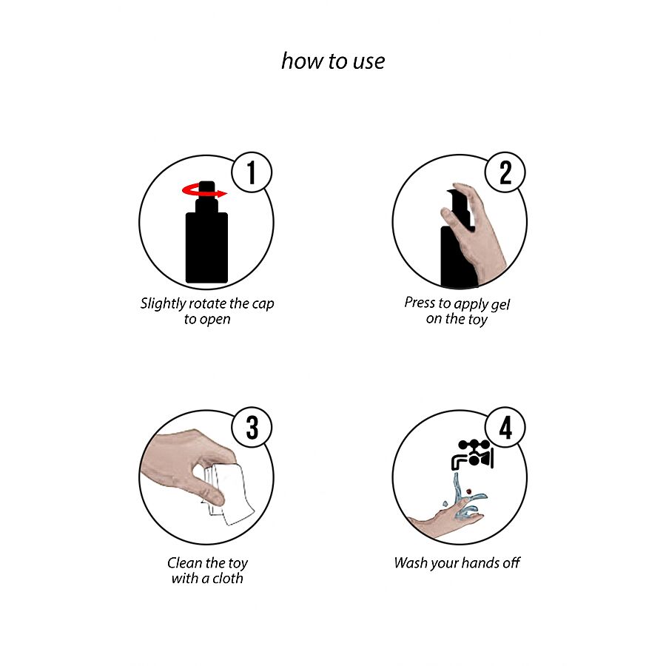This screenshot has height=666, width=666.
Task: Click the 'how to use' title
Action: (x=333, y=61)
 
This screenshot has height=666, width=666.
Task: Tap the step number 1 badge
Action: (x=252, y=172)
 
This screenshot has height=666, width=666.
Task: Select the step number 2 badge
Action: (x=505, y=172)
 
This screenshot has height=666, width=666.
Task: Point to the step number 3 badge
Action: (x=252, y=427)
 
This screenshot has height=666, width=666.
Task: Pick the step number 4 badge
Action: (x=505, y=427)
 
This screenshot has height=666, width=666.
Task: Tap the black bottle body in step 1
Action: (x=207, y=248)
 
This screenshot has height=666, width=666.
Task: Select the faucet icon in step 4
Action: (x=472, y=454)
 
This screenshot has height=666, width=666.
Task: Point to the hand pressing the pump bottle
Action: (x=476, y=234)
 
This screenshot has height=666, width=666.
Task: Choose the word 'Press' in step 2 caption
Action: (x=420, y=303)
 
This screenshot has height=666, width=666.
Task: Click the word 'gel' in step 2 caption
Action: (x=500, y=305)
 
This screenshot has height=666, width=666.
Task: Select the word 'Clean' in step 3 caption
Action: (x=184, y=563)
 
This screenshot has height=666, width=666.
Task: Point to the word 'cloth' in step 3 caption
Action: (x=228, y=578)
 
